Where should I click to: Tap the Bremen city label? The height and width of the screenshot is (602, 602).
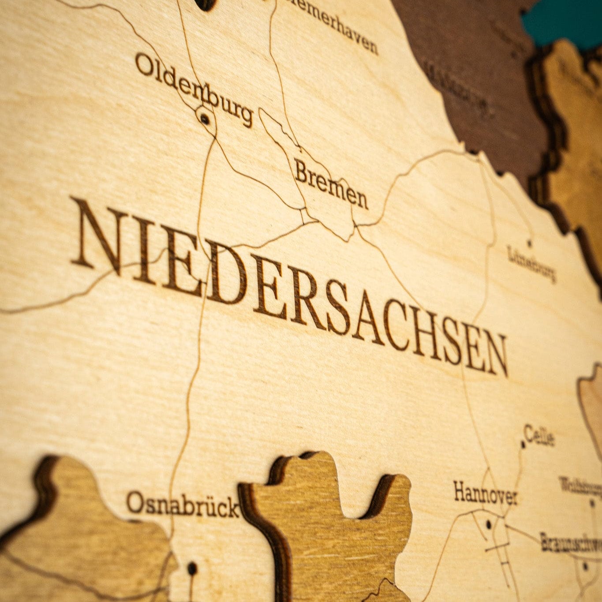point(331,184)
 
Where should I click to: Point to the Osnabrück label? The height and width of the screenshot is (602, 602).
point(183,505)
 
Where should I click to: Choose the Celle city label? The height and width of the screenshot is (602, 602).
point(539,435)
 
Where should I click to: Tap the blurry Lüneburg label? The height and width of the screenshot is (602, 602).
point(531,263)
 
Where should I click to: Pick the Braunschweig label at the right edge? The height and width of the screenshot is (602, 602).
point(571,542)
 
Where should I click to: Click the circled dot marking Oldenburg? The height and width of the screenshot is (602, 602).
point(204,118)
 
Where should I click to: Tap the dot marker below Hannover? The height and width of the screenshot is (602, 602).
point(488,524)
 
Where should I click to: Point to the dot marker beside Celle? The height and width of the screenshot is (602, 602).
point(523,445)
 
